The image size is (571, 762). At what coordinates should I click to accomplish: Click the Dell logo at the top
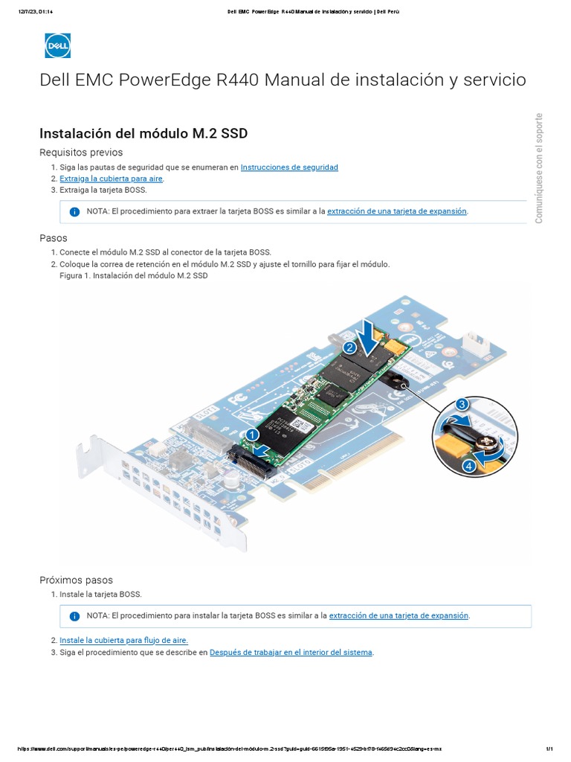(57, 45)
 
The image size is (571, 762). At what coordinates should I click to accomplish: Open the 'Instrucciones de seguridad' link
(289, 167)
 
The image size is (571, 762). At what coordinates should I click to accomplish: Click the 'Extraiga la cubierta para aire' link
(111, 179)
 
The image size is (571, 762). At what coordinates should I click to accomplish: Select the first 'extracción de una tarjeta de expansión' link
(397, 211)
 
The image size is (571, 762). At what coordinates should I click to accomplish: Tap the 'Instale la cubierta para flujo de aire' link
(123, 640)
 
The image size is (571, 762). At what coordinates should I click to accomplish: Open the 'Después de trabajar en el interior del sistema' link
(291, 653)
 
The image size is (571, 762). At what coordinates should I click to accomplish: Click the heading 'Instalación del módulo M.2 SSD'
(143, 133)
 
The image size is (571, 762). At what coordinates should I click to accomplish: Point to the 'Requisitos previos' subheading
(81, 153)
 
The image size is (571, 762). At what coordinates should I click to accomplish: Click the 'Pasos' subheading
(53, 238)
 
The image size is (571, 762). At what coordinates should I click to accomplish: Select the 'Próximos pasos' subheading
(76, 580)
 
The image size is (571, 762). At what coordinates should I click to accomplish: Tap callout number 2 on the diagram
(349, 347)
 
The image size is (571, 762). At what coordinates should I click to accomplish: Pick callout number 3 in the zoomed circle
(462, 404)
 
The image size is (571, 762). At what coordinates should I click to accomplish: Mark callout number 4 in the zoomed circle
(468, 466)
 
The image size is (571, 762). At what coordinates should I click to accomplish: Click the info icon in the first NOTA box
(74, 212)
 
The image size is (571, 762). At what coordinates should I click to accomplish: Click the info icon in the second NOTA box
(74, 616)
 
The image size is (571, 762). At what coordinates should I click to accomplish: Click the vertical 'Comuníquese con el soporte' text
(539, 168)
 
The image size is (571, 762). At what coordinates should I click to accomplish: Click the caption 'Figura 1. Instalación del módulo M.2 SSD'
(133, 275)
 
